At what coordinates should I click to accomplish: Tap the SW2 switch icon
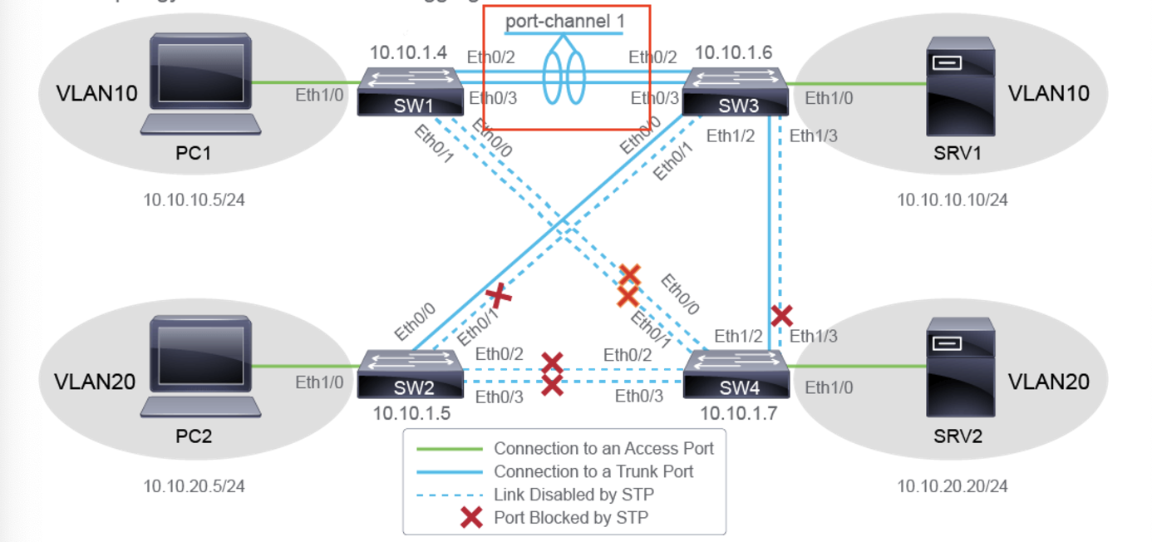411,374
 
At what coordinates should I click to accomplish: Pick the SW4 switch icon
736,374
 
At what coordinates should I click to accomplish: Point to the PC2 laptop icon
200,367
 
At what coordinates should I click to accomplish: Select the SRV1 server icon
961,86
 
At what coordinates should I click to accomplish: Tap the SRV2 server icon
961,368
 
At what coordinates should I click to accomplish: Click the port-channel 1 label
564,21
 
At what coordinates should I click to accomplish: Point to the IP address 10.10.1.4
408,52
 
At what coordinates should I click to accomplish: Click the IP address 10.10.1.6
733,52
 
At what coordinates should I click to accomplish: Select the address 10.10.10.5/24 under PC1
194,200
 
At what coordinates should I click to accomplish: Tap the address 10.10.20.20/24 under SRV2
952,485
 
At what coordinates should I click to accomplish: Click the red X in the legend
471,517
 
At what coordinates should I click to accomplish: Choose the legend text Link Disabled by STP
574,495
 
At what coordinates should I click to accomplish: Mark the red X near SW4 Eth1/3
781,315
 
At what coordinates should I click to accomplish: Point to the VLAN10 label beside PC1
96,93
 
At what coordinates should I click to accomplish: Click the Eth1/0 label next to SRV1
830,98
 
